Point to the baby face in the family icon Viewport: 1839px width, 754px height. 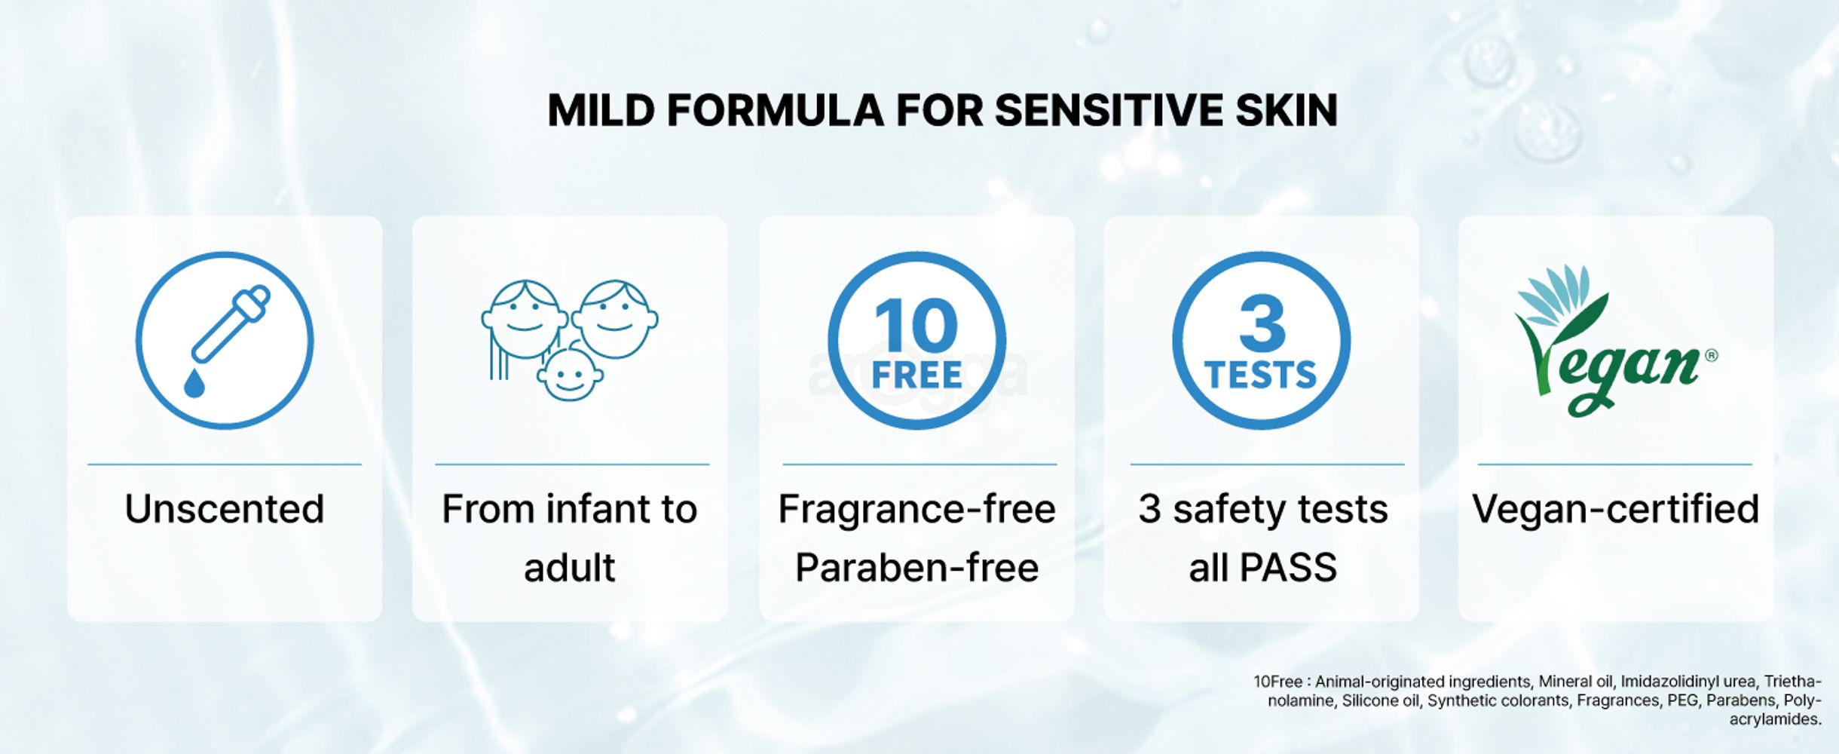coord(569,375)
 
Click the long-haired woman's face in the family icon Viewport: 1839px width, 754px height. coord(523,317)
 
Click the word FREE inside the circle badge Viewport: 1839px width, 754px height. coord(916,375)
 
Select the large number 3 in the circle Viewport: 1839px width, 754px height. coord(1262,323)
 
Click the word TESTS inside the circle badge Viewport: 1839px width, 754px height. coord(1261,375)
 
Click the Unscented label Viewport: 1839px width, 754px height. coord(225,509)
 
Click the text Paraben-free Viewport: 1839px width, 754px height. coord(916,568)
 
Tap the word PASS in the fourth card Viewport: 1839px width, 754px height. coord(1289,568)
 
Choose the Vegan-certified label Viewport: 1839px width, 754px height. coord(1615,509)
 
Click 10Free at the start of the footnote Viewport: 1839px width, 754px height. coord(1278,682)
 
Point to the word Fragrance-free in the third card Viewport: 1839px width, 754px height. coord(916,509)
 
